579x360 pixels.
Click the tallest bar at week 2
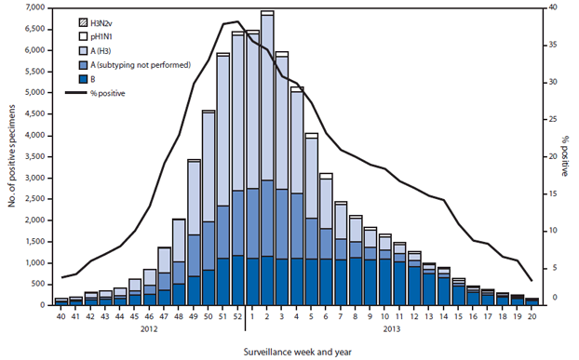coord(267,158)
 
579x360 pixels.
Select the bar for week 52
coord(237,167)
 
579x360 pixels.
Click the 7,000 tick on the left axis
coord(36,7)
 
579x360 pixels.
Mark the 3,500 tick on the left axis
coord(36,156)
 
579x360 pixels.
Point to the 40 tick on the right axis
coord(556,7)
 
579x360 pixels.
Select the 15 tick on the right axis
coord(556,193)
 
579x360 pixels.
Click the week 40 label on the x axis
coord(61,315)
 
